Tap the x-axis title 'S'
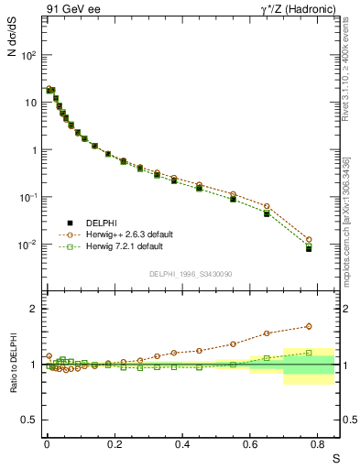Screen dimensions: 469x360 [x=335, y=457]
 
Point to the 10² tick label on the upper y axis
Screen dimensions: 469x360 [x=28, y=55]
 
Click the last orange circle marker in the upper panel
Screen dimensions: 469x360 [x=309, y=239]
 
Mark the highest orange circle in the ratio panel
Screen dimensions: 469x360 [x=309, y=326]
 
